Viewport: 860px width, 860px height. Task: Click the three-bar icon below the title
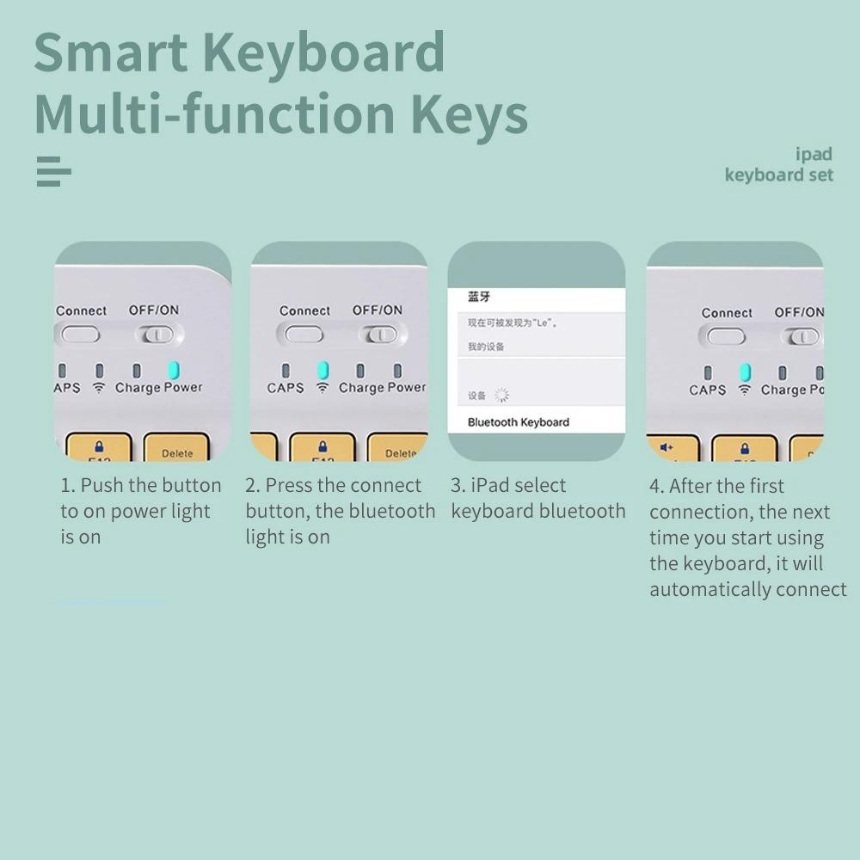pos(53,171)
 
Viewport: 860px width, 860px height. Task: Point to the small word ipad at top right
pos(814,154)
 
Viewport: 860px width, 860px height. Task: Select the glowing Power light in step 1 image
pos(174,370)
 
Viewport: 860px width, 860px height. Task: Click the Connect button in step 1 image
pos(80,334)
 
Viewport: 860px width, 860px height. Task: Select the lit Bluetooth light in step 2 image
pos(322,371)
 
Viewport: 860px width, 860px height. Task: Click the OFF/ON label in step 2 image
pos(377,310)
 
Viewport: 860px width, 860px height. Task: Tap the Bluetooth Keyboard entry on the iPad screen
pos(519,422)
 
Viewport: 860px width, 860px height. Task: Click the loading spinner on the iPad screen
pos(501,395)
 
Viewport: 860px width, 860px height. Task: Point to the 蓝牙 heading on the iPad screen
pos(479,297)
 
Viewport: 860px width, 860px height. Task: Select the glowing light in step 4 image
pos(745,372)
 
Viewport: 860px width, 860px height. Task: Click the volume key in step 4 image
pos(666,448)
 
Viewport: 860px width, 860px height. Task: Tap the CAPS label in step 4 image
pos(707,390)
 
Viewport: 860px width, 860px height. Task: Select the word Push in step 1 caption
pos(101,485)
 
